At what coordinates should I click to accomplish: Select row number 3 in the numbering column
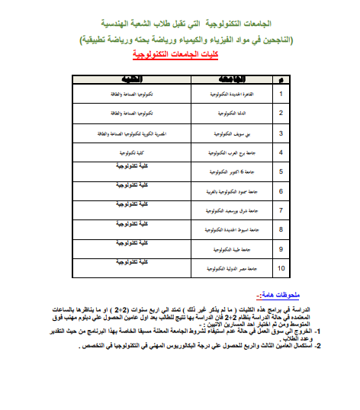click(281, 133)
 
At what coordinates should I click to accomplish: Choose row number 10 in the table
click(280, 267)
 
